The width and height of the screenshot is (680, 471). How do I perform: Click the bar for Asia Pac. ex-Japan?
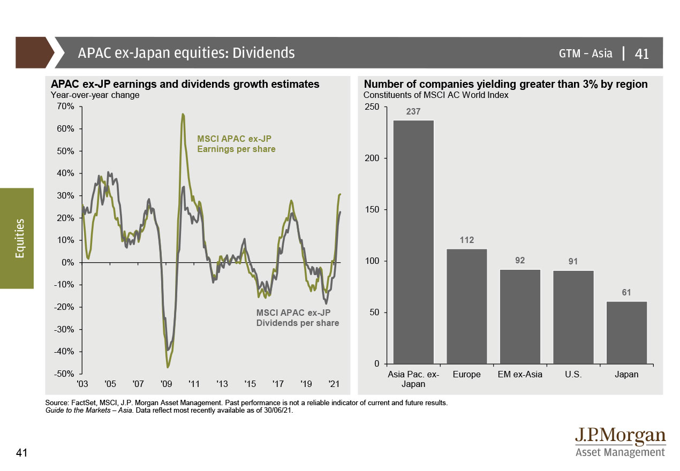click(413, 242)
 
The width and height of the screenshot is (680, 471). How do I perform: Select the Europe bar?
click(466, 306)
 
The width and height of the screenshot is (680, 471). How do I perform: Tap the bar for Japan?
click(626, 332)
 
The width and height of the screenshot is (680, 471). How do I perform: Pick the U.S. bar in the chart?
click(573, 317)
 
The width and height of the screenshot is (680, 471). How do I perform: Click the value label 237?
click(413, 112)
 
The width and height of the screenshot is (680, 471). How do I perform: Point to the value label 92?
click(520, 261)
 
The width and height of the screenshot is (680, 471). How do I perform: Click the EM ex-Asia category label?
click(520, 375)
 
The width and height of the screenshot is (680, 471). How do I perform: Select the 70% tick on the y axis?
click(65, 107)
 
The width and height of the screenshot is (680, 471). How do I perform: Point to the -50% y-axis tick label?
click(64, 374)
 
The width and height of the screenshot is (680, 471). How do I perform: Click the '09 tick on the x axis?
click(166, 384)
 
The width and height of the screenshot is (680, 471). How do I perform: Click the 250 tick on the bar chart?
click(373, 108)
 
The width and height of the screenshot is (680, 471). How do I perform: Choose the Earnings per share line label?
click(236, 144)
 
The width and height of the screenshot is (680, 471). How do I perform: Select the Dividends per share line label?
click(297, 318)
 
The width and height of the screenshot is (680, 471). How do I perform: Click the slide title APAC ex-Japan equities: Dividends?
click(186, 53)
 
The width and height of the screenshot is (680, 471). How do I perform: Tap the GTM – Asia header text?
click(585, 53)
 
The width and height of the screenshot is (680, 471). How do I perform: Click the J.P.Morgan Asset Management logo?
click(620, 443)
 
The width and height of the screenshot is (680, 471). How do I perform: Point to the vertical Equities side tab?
click(20, 238)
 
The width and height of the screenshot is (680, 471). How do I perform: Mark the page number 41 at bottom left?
click(22, 453)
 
